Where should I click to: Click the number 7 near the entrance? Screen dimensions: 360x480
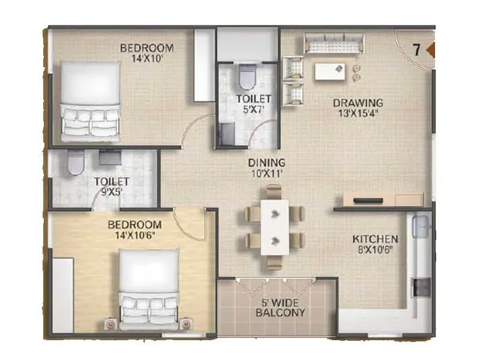coord(416,50)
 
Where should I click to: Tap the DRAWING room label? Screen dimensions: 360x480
coord(358,103)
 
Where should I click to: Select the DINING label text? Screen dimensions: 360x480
coord(267,163)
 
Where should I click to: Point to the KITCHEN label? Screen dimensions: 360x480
coord(375,239)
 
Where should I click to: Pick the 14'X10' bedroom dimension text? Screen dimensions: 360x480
coord(147,59)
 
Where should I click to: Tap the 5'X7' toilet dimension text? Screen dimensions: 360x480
coord(253,109)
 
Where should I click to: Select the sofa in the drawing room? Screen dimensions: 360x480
coord(333,43)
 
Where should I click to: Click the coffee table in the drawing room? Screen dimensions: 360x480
coord(330,71)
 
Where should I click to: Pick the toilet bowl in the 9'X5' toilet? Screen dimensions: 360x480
coord(76,163)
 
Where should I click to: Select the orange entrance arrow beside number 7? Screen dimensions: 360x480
coord(430,50)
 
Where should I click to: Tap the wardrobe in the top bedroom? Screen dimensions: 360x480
coord(205,65)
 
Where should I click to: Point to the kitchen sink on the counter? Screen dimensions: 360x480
coord(419,227)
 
